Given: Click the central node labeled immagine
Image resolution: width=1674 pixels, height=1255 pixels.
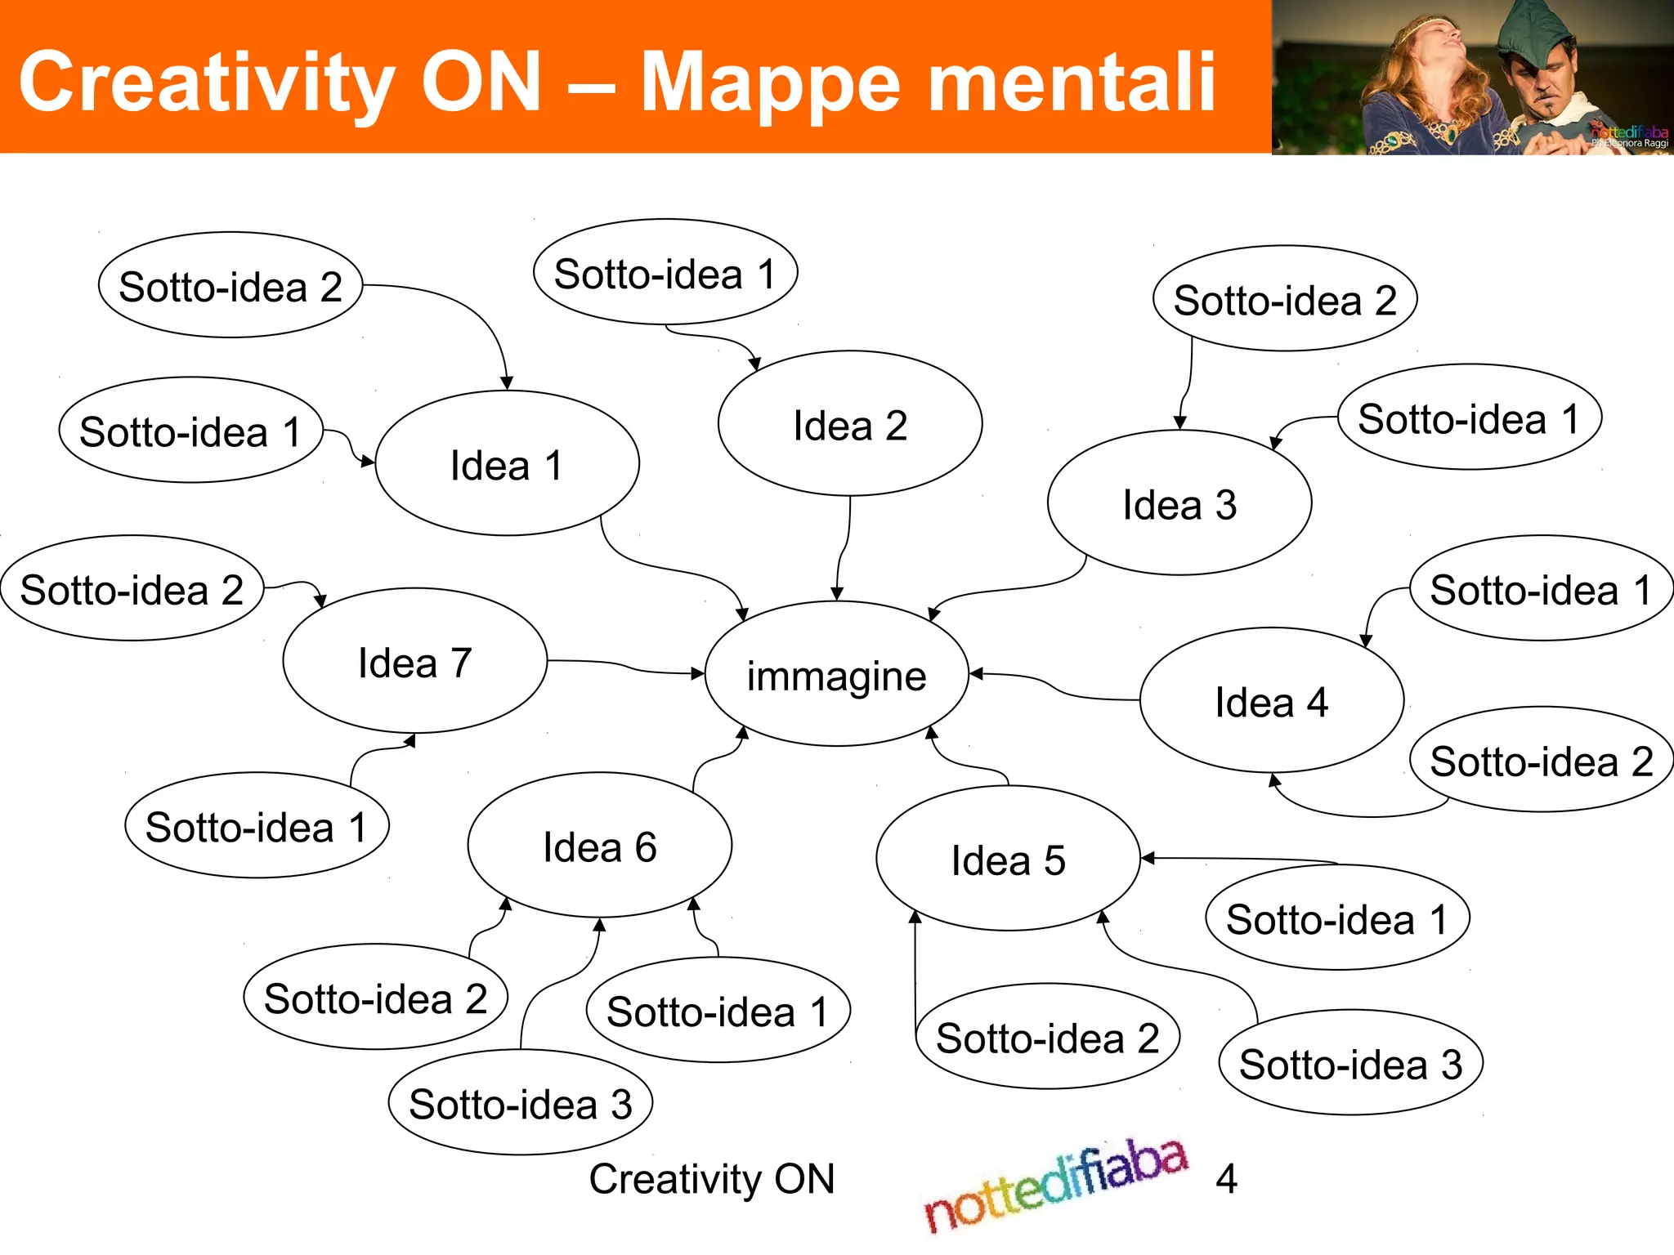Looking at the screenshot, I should [836, 675].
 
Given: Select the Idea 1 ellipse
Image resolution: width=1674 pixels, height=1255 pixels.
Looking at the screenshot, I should [507, 464].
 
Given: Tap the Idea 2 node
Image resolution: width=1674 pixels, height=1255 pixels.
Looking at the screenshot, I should [850, 424].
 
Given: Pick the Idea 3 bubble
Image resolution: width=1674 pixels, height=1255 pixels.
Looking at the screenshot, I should [1179, 503].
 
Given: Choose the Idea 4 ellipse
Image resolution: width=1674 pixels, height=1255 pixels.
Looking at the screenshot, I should [1272, 701].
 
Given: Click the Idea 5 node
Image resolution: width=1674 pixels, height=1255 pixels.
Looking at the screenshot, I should [1008, 859].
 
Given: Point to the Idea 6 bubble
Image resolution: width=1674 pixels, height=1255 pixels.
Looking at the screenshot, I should [600, 846].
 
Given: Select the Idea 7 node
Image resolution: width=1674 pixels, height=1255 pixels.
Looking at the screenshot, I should [415, 661].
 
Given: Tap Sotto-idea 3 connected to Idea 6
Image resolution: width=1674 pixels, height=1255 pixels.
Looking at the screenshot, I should [521, 1103].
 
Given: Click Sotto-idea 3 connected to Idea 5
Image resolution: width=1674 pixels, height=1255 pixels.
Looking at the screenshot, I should [1350, 1063].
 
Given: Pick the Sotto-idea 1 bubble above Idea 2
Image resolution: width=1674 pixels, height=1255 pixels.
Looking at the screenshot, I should [665, 273].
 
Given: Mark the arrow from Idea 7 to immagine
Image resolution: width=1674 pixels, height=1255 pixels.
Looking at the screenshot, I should [625, 666].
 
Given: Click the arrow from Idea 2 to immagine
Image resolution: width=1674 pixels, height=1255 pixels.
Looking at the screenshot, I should [845, 547].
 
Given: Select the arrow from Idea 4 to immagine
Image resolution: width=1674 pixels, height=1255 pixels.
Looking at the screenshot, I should [1054, 687].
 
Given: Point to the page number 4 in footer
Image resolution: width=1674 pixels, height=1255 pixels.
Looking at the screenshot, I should [1226, 1178].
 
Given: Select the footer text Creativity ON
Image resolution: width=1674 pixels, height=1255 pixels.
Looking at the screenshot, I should [712, 1178].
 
